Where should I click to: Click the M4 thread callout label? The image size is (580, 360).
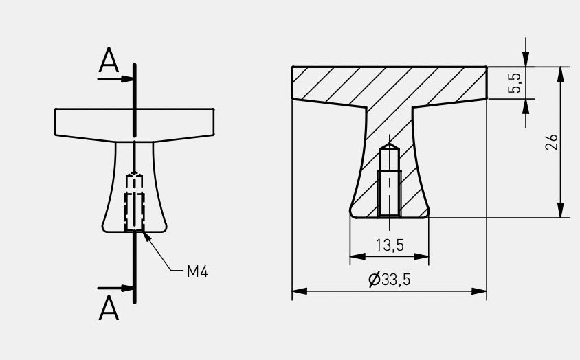pyautogui.click(x=197, y=271)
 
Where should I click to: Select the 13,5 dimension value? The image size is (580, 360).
pyautogui.click(x=390, y=245)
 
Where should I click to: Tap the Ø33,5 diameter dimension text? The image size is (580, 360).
pyautogui.click(x=390, y=280)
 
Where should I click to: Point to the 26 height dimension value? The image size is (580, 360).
pyautogui.click(x=552, y=142)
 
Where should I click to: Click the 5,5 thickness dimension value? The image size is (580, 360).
pyautogui.click(x=515, y=83)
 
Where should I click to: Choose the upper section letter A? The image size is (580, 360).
pyautogui.click(x=109, y=60)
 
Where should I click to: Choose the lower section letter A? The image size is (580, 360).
pyautogui.click(x=109, y=308)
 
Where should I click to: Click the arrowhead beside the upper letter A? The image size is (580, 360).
pyautogui.click(x=127, y=79)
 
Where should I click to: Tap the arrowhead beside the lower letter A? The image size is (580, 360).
pyautogui.click(x=127, y=288)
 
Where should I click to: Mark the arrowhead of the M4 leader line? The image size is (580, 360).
pyautogui.click(x=146, y=236)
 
